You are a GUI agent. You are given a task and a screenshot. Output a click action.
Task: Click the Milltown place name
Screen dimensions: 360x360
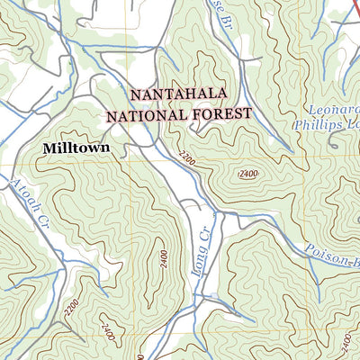pyautogui.click(x=75, y=146)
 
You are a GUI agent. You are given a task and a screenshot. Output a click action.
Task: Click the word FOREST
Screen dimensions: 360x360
pyautogui.click(x=219, y=114)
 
